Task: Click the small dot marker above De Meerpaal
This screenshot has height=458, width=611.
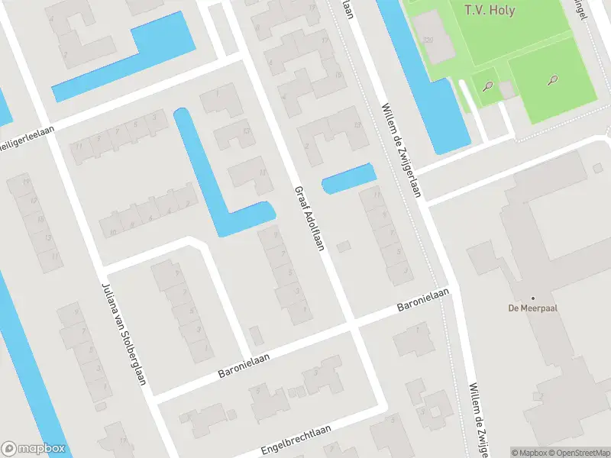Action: (533, 298)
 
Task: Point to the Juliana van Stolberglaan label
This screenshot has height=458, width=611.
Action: (123, 333)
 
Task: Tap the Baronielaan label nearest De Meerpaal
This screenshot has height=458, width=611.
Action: (422, 300)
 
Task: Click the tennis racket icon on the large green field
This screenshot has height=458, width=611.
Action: (551, 79)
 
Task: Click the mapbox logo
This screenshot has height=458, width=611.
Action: (33, 449)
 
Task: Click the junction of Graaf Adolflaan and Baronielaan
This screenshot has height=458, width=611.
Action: (351, 324)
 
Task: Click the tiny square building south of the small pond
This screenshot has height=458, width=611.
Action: (344, 246)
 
